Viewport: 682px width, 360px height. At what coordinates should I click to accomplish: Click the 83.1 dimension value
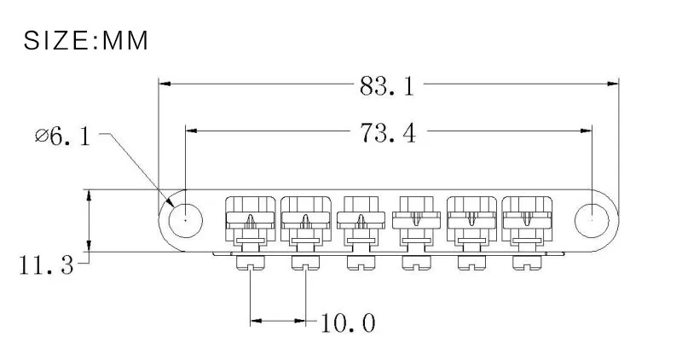pos(387,85)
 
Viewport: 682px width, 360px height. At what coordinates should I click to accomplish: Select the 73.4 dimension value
pos(387,132)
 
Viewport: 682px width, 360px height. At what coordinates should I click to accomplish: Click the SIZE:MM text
pos(85,40)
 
